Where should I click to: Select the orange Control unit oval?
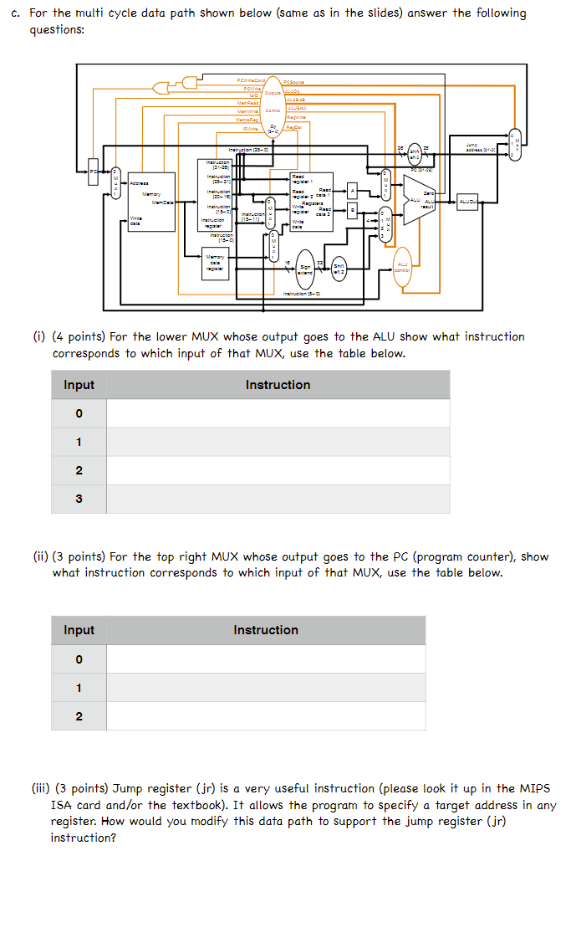(x=273, y=110)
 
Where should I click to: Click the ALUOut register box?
(x=466, y=202)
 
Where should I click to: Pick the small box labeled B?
(x=353, y=212)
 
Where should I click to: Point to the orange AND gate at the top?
(x=191, y=81)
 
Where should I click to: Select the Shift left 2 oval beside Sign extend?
(x=339, y=268)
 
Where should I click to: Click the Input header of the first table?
(x=79, y=385)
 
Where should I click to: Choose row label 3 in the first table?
(x=79, y=500)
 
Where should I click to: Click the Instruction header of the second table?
(x=266, y=630)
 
